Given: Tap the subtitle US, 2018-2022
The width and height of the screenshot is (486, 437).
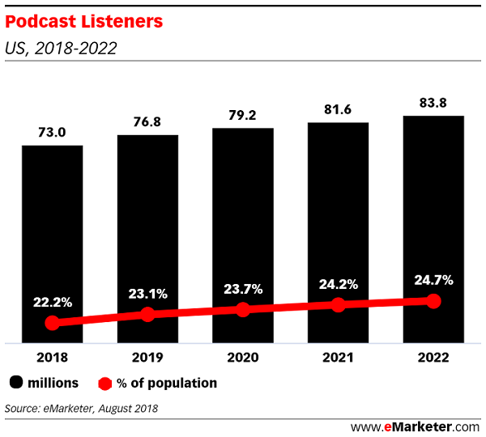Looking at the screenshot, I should [x=61, y=49].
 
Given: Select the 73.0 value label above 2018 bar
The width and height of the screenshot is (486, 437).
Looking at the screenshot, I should [x=52, y=132].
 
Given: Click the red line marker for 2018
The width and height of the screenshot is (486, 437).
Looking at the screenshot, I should [x=52, y=323].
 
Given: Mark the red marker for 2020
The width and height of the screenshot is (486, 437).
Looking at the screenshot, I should [x=243, y=309].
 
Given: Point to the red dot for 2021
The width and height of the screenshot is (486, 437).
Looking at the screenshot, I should [x=338, y=305].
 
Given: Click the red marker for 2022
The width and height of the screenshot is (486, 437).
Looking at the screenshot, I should [x=433, y=301].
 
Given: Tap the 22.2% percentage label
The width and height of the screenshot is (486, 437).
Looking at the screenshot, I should [x=52, y=302].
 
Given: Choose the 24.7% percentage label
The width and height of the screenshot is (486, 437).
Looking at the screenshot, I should [x=433, y=280].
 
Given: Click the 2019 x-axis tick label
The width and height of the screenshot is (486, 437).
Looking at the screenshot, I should [x=147, y=356].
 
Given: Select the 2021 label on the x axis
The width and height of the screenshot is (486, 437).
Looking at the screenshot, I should [x=338, y=356].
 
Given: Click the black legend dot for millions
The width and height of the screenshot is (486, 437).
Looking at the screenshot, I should [x=16, y=383].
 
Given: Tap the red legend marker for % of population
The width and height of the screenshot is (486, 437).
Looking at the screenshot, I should [x=104, y=383].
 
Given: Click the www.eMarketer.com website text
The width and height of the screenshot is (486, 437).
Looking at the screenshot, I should [x=416, y=426].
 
